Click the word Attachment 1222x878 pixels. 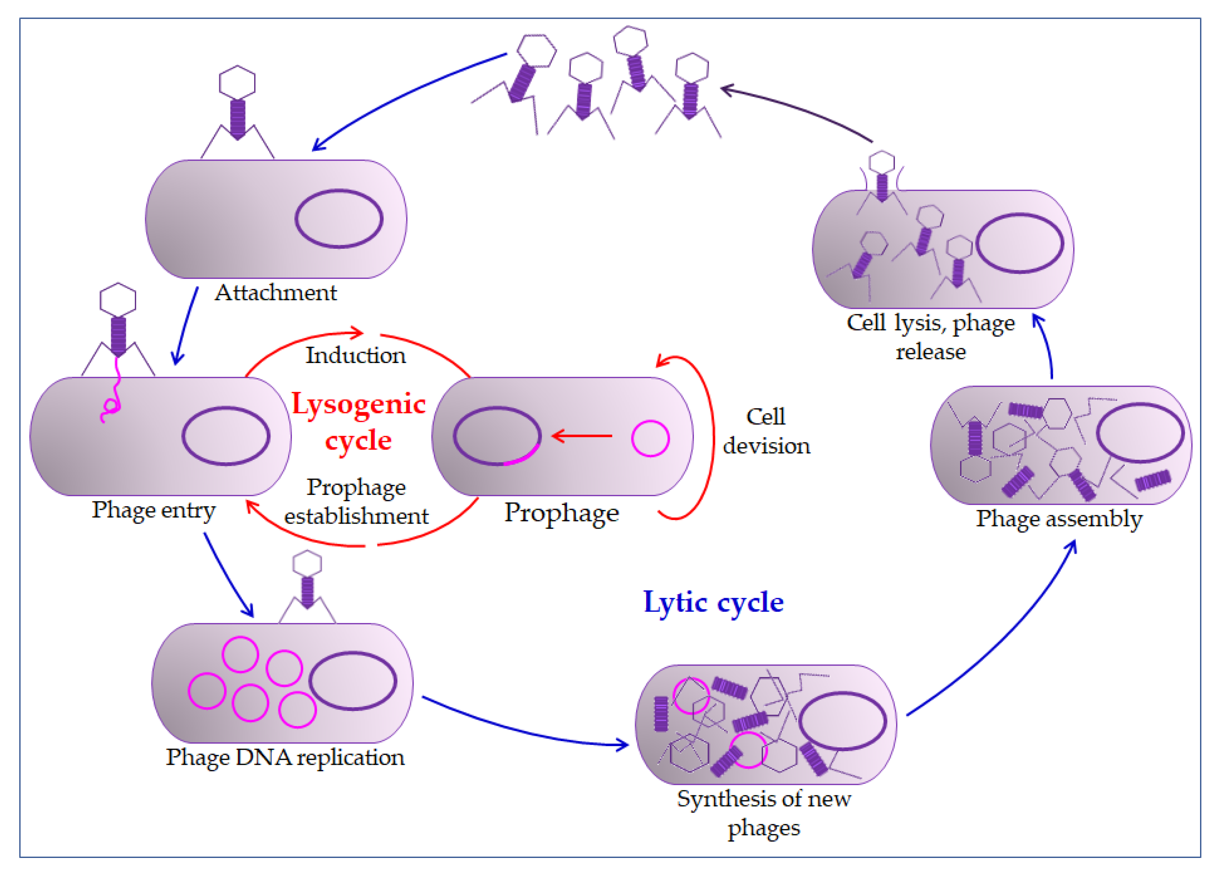coord(276,292)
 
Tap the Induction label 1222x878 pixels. coord(356,356)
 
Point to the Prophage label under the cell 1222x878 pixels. coord(562,513)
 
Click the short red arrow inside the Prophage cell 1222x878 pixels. coord(582,435)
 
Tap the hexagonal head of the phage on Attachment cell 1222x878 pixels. coord(237,82)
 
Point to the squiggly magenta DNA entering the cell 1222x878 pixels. coord(111,389)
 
